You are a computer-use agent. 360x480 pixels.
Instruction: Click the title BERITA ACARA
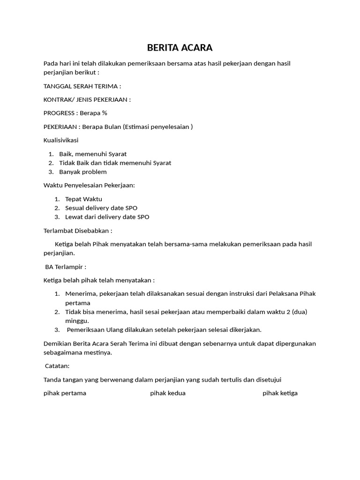(x=180, y=47)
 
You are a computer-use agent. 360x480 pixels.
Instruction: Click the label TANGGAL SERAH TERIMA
(x=82, y=86)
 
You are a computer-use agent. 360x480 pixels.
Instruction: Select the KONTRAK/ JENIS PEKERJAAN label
(x=87, y=99)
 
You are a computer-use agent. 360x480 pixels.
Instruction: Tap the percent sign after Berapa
(x=105, y=113)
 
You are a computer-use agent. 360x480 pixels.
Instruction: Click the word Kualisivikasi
(x=61, y=140)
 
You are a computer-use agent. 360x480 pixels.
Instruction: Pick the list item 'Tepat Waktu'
(x=83, y=199)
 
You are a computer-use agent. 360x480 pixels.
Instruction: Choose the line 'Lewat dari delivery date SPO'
(x=107, y=217)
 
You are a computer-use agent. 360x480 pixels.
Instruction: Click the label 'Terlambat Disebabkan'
(x=78, y=231)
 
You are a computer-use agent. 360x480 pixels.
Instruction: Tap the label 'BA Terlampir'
(x=66, y=267)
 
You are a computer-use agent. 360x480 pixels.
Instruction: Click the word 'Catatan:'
(x=57, y=366)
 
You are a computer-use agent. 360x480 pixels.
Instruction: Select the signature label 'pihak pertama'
(x=65, y=393)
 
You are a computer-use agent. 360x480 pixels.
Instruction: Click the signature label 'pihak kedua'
(x=168, y=393)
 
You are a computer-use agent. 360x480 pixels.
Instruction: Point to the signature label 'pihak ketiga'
(x=280, y=393)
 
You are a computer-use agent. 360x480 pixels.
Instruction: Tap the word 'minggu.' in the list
(x=77, y=321)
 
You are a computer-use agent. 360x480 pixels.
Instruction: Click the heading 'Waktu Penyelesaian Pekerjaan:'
(x=89, y=185)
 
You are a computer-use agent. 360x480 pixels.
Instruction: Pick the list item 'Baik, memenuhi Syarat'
(x=93, y=154)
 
